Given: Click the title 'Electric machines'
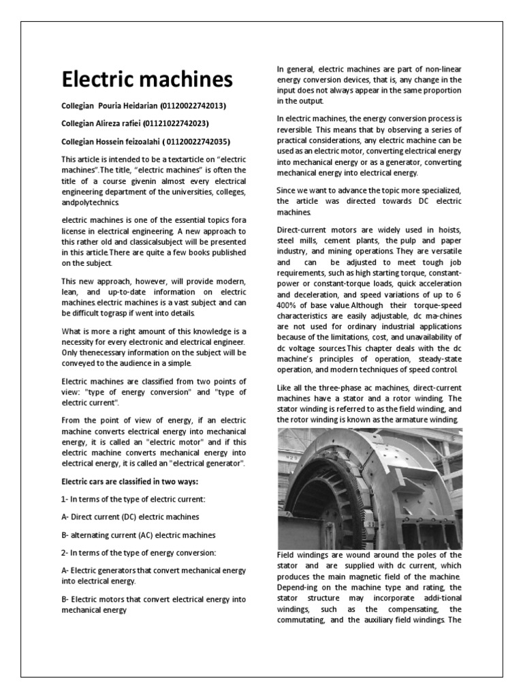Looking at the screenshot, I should click(x=147, y=80).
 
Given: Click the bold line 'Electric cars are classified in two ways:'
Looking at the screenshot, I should click(x=129, y=482).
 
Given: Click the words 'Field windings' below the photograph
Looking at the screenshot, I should click(x=302, y=555).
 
